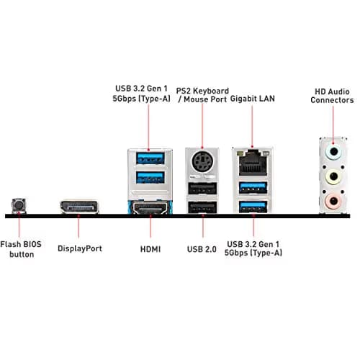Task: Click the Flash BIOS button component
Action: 19,206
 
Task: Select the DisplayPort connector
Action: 79,207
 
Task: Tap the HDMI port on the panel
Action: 150,208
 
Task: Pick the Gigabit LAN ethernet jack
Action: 253,163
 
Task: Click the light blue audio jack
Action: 333,152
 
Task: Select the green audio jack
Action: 333,176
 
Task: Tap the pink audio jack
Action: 333,201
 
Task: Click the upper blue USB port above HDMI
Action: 150,158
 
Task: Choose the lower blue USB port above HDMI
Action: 150,178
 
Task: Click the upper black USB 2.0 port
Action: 202,189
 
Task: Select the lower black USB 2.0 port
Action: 202,207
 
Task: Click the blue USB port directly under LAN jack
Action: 253,188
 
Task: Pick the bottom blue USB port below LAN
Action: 253,207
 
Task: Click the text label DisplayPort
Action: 80,248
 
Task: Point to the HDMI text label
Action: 150,249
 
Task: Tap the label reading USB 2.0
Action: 202,249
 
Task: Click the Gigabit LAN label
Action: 253,99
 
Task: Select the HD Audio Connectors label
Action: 332,96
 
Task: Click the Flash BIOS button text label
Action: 21,249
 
